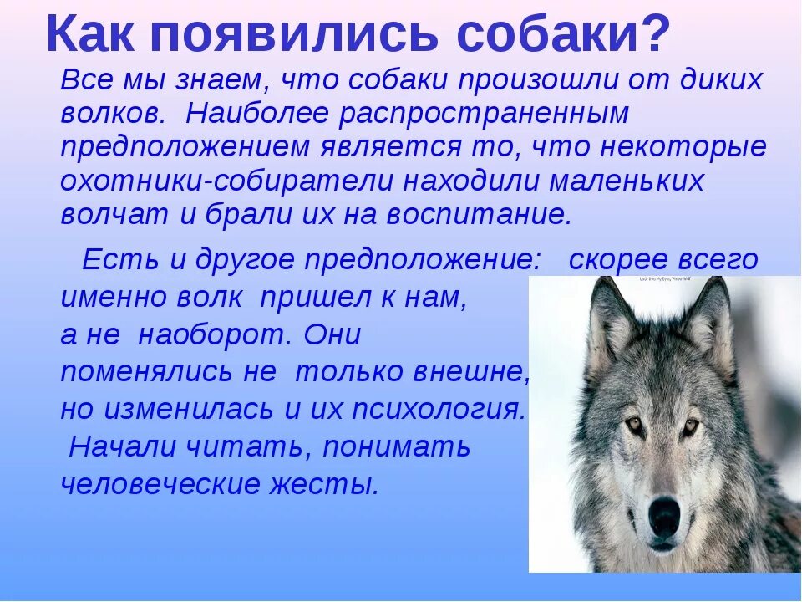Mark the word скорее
[x=618, y=260]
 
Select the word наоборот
[x=214, y=335]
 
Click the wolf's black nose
[x=665, y=515]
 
